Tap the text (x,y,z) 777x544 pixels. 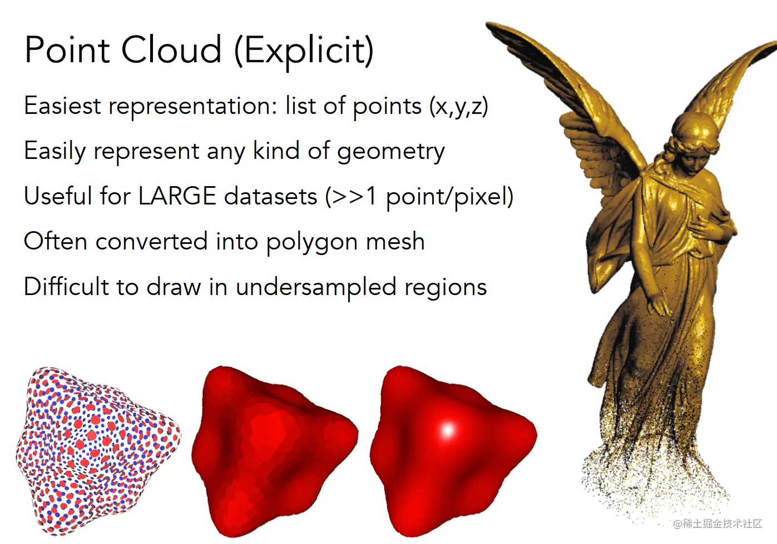pos(458,106)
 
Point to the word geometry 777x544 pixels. pos(391,152)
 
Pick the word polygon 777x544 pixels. pos(312,242)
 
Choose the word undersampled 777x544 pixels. pos(316,287)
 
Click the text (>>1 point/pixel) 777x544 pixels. pos(419,197)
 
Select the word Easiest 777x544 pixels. pos(62,106)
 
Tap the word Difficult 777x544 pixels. pos(66,286)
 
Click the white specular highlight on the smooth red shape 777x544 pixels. pos(448,430)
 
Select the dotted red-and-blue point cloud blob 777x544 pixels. pos(98,451)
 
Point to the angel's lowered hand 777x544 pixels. pos(658,305)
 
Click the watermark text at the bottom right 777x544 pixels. pos(717,523)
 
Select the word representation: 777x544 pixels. pos(193,107)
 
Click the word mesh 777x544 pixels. pos(395,241)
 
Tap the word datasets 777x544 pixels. pos(271,196)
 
